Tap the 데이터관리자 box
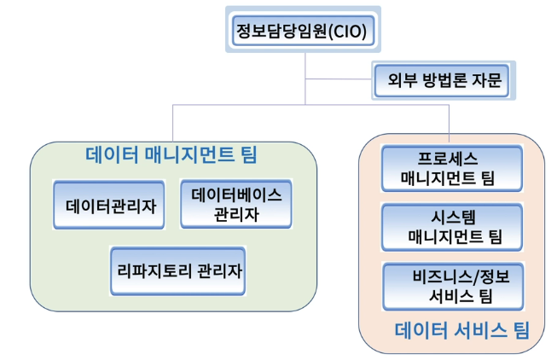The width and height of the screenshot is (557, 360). (x=110, y=205)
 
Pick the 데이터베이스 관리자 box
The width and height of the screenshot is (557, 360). (x=236, y=205)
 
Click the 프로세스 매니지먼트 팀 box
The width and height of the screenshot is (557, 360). (x=451, y=168)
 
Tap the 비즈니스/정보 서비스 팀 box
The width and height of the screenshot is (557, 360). (x=451, y=286)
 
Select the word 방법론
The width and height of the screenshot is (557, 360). (x=442, y=83)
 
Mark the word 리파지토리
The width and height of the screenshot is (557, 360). (x=154, y=270)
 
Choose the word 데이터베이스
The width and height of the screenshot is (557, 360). (x=236, y=195)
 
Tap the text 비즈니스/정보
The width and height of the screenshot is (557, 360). (x=451, y=276)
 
